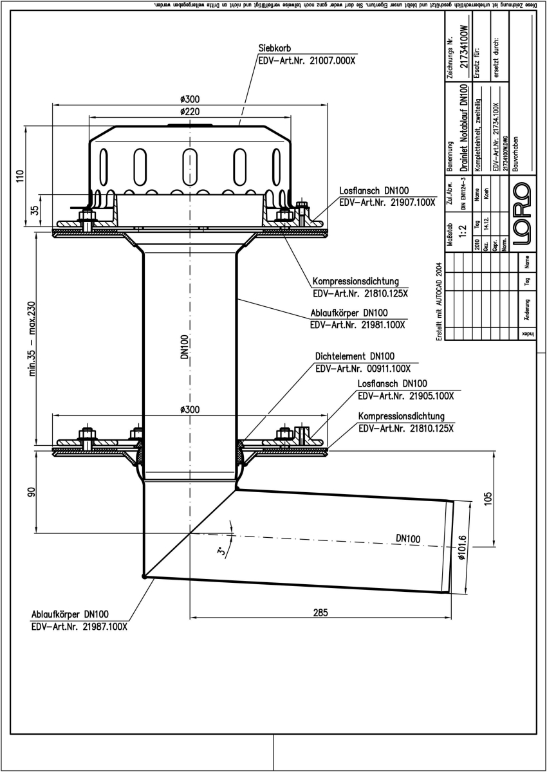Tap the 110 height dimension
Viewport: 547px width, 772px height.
click(x=20, y=177)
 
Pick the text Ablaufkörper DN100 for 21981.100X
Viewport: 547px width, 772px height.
click(x=348, y=313)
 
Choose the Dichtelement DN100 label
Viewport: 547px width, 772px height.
click(x=355, y=356)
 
